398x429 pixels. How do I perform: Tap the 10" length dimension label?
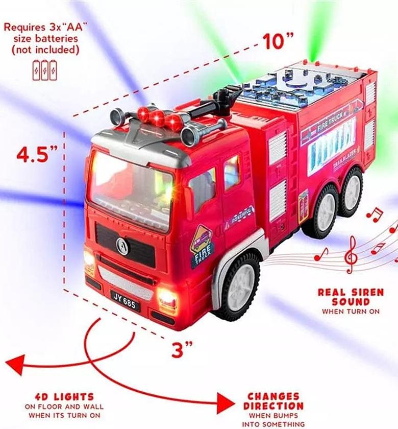pos(279,41)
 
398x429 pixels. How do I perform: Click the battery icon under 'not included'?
pos(45,70)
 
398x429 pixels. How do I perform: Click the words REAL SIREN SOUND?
pos(351,297)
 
